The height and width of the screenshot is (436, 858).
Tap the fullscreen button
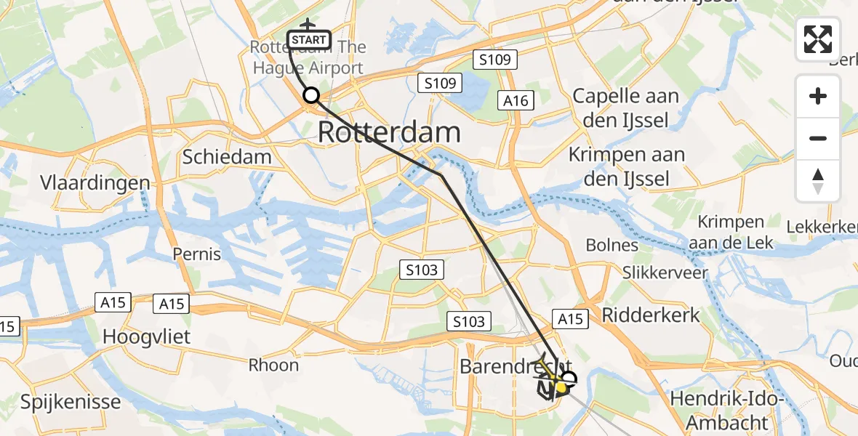click(818, 39)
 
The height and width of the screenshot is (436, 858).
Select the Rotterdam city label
click(390, 132)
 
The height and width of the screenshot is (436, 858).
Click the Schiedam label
click(227, 156)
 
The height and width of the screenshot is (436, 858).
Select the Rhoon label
click(273, 365)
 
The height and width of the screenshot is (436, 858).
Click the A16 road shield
click(516, 100)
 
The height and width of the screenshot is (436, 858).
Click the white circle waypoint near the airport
click(311, 95)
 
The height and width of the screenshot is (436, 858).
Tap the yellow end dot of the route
click(561, 389)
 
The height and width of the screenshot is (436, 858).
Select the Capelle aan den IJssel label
click(626, 108)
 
